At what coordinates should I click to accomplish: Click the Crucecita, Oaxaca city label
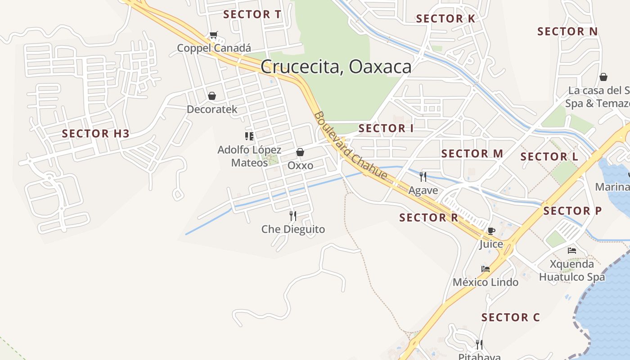pos(336,67)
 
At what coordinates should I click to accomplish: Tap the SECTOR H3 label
pos(95,134)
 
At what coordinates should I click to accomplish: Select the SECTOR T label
pos(252,14)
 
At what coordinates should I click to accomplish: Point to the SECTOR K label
pos(445,19)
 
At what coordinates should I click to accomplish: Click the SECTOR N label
pos(567,31)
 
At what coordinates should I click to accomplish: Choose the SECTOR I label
pos(386,128)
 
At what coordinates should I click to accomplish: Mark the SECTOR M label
pos(472,153)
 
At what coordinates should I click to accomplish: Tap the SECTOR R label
pos(428,218)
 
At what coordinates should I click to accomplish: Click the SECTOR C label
pos(510,318)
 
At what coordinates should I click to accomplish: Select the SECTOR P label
pos(572,211)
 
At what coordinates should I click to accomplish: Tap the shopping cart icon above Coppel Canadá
pos(214,35)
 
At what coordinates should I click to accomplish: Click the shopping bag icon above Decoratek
pos(211,96)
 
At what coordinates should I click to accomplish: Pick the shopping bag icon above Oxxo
pos(300,153)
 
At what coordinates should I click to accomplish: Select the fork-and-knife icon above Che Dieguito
pos(293,216)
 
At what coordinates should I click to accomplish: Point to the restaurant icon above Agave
pos(423,176)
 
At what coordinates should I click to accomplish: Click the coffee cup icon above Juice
pos(491,231)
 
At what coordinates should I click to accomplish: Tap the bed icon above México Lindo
pos(486,269)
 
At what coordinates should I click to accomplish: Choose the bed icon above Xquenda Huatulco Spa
pos(572,251)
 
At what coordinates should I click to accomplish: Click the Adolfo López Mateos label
pos(249,156)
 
